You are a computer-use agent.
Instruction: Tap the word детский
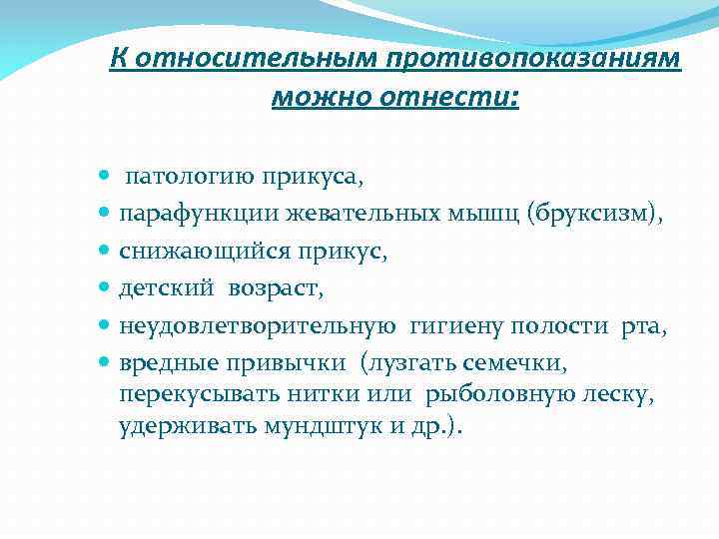click(x=166, y=288)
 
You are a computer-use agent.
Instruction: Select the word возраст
click(x=274, y=289)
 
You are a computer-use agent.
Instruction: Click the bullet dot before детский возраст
click(x=106, y=289)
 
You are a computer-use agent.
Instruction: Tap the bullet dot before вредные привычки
click(x=106, y=361)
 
